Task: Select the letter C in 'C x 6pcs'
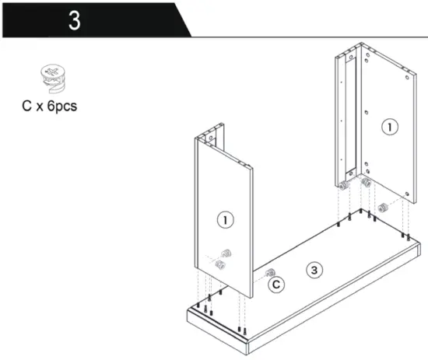pos(27,106)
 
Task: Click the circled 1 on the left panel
pos(226,220)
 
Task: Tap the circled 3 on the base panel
pos(314,270)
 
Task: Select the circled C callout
pos(276,285)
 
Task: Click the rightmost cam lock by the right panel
pos(382,208)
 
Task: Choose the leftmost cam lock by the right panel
pos(342,184)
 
